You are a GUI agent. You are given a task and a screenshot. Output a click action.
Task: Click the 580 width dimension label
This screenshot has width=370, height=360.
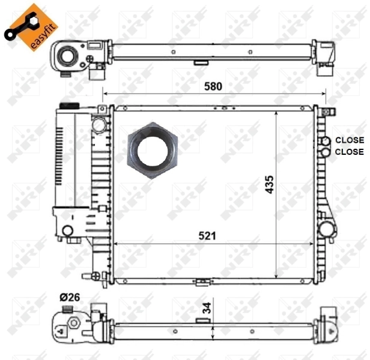click(212, 86)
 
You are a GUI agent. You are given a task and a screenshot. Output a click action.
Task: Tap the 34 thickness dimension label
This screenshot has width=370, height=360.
click(206, 310)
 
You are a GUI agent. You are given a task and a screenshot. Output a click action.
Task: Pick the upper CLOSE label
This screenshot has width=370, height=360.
click(349, 140)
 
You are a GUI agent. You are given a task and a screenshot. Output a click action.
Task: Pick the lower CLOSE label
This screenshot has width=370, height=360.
click(349, 152)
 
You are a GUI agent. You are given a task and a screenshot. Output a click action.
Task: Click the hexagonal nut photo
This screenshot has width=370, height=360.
click(153, 148)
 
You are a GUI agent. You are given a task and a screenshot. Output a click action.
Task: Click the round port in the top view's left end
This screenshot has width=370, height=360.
click(65, 58)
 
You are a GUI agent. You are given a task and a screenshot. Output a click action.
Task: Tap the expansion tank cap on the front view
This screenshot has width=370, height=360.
click(67, 106)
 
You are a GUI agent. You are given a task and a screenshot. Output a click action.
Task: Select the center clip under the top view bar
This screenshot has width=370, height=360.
click(201, 62)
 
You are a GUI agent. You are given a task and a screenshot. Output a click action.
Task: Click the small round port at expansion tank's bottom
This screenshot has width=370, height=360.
click(67, 230)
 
